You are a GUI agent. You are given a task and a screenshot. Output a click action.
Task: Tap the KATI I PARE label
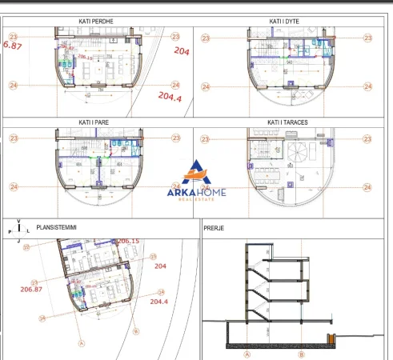96,123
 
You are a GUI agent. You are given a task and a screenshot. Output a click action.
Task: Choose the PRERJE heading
214,228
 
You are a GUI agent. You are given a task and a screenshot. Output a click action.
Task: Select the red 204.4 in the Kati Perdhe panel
170,97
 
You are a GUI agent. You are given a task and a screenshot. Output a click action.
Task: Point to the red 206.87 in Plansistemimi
32,289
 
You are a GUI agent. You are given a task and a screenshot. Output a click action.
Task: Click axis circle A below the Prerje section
247,353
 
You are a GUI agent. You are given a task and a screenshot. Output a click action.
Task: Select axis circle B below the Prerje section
301,353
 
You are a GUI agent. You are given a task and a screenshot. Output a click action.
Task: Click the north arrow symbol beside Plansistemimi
18,229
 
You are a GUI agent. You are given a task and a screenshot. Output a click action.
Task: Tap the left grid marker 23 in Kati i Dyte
206,38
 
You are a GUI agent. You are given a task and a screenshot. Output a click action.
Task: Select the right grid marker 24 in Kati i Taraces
368,187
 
